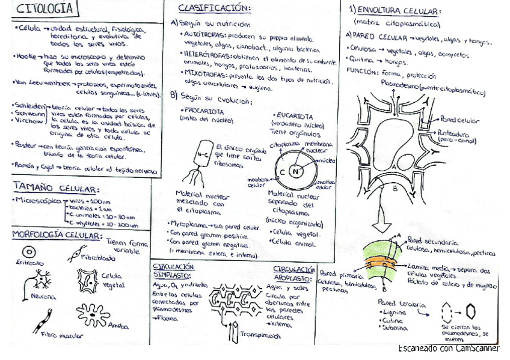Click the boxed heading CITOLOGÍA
pos(45,9)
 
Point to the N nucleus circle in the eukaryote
pos(295,171)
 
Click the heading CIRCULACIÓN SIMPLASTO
pos(173,269)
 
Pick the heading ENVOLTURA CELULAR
pos(399,11)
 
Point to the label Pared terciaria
pos(401,305)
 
